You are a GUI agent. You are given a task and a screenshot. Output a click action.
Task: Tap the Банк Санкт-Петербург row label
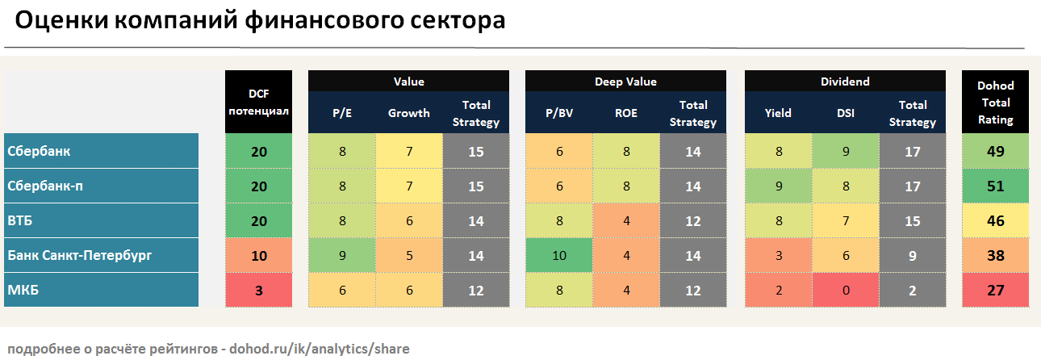point(79,255)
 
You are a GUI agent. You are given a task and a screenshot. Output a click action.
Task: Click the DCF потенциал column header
point(258,102)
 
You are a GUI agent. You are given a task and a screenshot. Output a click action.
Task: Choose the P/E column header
point(342,113)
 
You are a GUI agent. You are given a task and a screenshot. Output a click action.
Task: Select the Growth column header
point(409,113)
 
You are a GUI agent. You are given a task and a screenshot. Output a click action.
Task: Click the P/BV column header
point(559,113)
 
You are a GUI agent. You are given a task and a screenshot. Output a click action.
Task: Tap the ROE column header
point(625,113)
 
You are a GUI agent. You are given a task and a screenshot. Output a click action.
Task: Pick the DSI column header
point(846,113)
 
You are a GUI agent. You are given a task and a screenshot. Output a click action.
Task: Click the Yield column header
point(778,113)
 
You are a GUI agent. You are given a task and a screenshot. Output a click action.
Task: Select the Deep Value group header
point(625,82)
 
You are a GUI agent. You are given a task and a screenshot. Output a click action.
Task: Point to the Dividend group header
point(845,82)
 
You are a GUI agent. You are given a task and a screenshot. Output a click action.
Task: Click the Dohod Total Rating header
point(995,102)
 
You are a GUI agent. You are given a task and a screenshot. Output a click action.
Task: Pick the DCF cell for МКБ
point(258,290)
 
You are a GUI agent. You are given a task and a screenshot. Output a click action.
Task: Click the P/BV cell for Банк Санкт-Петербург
point(559,255)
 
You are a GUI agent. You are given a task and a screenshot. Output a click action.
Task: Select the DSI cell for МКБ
point(846,290)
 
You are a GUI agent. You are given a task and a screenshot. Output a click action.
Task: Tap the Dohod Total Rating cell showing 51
point(995,186)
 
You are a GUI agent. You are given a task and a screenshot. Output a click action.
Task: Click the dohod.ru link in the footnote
point(320,349)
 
